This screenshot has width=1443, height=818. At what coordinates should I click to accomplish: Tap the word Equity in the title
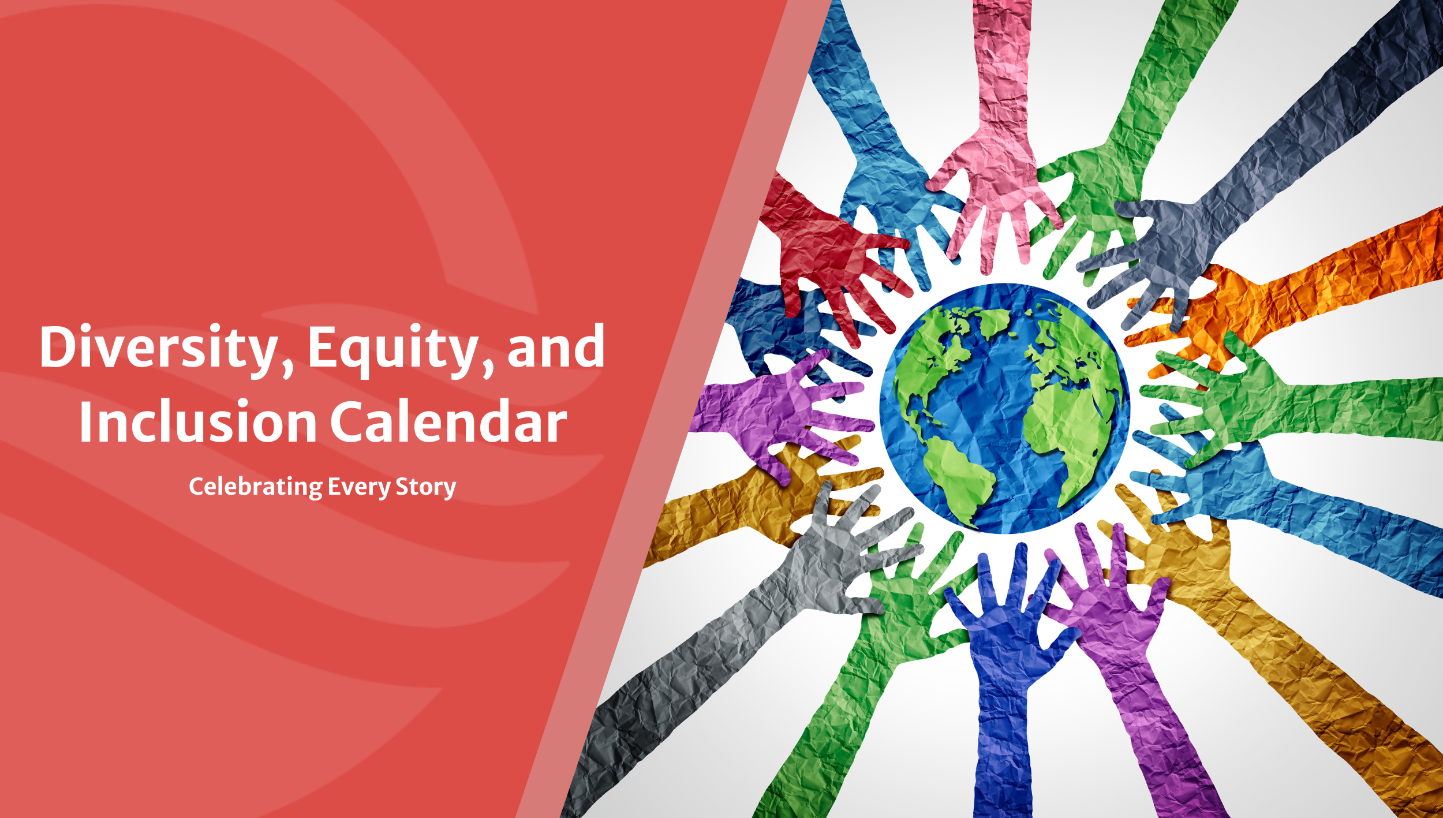pos(392,350)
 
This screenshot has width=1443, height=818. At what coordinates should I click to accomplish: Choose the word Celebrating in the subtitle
pos(256,487)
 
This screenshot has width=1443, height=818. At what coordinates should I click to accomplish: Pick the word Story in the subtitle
pos(426,487)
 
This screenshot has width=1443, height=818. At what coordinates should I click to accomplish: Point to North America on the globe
pos(935,358)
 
